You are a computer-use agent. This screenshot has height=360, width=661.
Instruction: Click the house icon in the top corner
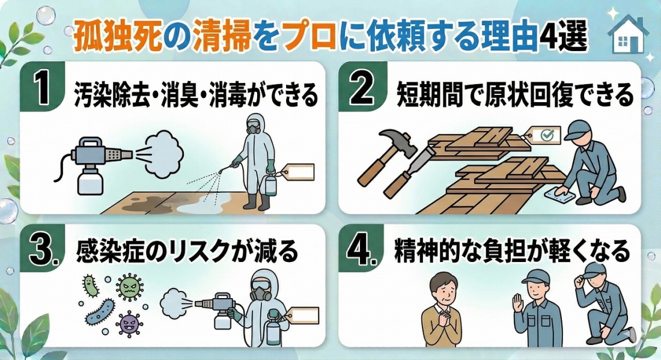tap(628, 34)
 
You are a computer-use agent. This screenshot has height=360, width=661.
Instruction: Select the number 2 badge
tap(362, 87)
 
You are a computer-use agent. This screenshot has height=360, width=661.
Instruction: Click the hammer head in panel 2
tap(396, 142)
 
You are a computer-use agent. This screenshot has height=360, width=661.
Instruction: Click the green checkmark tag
tap(546, 135)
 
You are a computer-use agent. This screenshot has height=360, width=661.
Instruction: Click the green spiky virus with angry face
tap(129, 287)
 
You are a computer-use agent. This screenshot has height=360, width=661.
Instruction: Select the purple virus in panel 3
tap(129, 323)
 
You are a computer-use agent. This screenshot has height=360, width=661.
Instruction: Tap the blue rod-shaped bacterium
tap(100, 312)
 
